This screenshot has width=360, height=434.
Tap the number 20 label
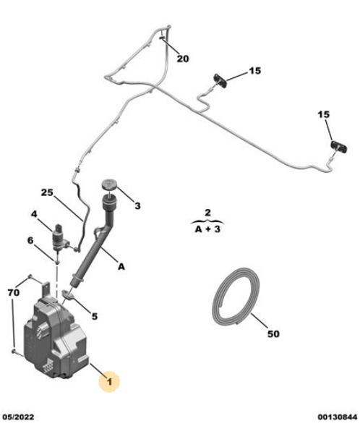tap(182, 59)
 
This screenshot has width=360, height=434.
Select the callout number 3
tap(137, 205)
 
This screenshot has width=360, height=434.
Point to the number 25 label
tap(47, 194)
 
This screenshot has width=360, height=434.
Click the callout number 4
tap(34, 215)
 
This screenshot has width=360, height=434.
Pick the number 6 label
tap(30, 241)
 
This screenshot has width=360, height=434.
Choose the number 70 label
tap(14, 293)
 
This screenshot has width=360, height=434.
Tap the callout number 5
tap(93, 315)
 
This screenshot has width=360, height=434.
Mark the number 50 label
tap(273, 334)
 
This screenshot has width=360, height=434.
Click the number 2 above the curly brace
tap(207, 213)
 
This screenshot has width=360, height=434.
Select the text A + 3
tap(207, 231)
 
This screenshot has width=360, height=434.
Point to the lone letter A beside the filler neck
tap(121, 267)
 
